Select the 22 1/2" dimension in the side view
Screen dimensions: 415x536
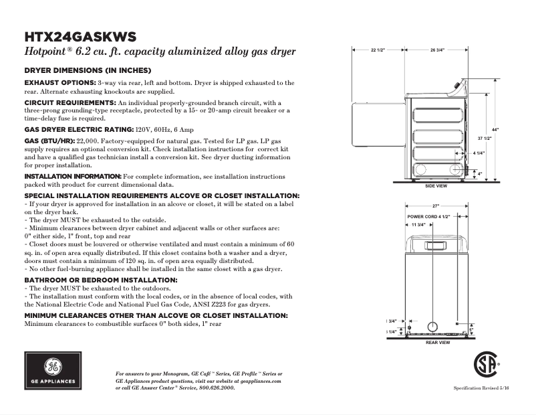click(378, 50)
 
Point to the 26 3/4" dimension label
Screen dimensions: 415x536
click(438, 50)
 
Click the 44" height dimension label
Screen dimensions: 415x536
click(495, 129)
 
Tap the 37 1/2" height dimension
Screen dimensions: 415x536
click(484, 137)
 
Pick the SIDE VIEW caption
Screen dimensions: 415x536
click(436, 185)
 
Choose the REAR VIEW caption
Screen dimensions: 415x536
click(437, 342)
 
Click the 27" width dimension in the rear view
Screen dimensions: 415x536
click(436, 206)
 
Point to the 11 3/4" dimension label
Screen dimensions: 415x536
click(419, 226)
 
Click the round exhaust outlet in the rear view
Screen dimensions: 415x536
click(432, 326)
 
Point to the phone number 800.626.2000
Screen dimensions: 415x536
click(217, 387)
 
